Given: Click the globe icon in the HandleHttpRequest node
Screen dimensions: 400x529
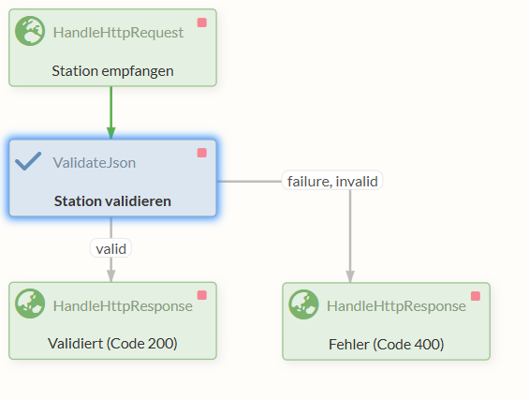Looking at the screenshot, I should [31, 32].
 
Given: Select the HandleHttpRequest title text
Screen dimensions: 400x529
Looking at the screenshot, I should [118, 33].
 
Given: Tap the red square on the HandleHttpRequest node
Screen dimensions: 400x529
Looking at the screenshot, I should [201, 22].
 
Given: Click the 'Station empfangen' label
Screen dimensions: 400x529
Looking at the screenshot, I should [112, 70].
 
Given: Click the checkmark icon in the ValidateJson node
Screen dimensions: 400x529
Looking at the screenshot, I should [29, 161].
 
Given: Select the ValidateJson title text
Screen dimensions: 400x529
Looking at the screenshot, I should [94, 162].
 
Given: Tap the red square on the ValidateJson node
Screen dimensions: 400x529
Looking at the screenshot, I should [201, 153].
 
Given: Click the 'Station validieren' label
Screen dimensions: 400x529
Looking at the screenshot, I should [112, 200].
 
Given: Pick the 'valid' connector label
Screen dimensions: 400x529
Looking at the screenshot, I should [110, 248].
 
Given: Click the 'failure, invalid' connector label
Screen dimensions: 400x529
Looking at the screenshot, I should [331, 181].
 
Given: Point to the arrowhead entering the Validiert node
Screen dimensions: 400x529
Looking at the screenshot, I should [110, 275].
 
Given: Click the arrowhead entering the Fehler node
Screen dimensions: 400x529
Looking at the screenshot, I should [350, 275].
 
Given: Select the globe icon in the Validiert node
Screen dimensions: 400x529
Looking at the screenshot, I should [31, 304].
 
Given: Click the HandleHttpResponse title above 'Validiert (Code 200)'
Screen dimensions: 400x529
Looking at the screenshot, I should [123, 305].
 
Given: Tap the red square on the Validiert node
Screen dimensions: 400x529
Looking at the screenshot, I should [201, 295].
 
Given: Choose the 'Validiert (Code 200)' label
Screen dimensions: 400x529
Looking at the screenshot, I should [112, 344].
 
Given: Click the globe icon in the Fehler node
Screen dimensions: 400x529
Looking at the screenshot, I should [304, 304].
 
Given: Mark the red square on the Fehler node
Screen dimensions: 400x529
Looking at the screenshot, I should [475, 296].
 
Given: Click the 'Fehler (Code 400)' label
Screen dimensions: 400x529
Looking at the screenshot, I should [386, 344].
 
